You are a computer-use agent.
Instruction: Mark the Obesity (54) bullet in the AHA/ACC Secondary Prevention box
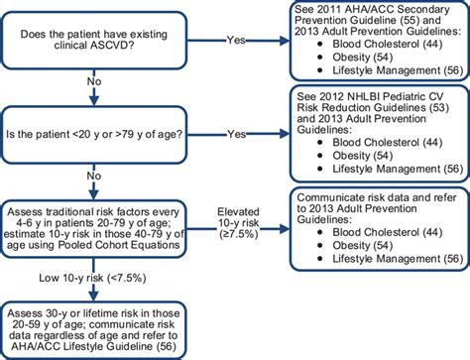pos(366,60)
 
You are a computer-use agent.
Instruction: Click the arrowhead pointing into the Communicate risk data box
pos(285,223)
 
